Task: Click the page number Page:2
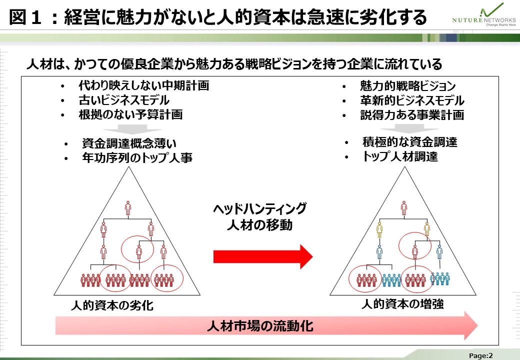pos(481,355)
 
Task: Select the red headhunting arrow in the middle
pos(262,256)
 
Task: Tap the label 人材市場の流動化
pos(260,326)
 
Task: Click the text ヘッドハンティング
pos(259,209)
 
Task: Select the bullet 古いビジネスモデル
pos(124,100)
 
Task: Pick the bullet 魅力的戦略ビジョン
pos(407,86)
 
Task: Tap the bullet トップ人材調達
pos(399,156)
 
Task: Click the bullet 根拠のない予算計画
pos(130,114)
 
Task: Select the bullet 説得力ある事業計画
pos(412,115)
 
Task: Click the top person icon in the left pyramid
pos(128,208)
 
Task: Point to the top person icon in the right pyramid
pos(404,207)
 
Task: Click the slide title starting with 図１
pos(218,17)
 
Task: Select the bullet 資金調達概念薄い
pos(129,143)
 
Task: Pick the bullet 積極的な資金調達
pos(409,142)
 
